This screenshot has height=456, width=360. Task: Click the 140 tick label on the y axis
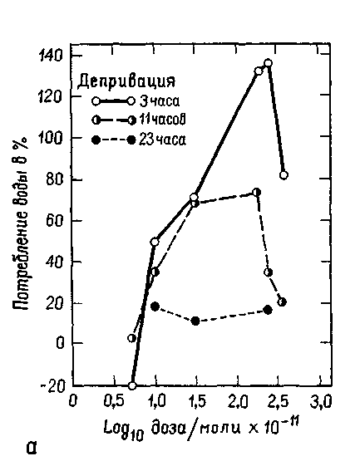(51, 55)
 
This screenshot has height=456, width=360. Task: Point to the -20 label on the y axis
(52, 387)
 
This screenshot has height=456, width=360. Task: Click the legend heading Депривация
(126, 81)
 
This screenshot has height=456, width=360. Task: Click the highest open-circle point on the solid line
(268, 63)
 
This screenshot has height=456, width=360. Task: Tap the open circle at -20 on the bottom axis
(132, 386)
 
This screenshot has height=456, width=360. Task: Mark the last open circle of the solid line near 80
(284, 175)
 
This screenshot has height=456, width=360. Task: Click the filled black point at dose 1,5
(195, 321)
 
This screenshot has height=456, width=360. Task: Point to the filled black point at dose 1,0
(155, 306)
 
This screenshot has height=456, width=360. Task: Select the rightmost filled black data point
(268, 310)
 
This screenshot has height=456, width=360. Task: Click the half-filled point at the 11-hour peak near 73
(256, 192)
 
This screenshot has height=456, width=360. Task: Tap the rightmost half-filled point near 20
(282, 302)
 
